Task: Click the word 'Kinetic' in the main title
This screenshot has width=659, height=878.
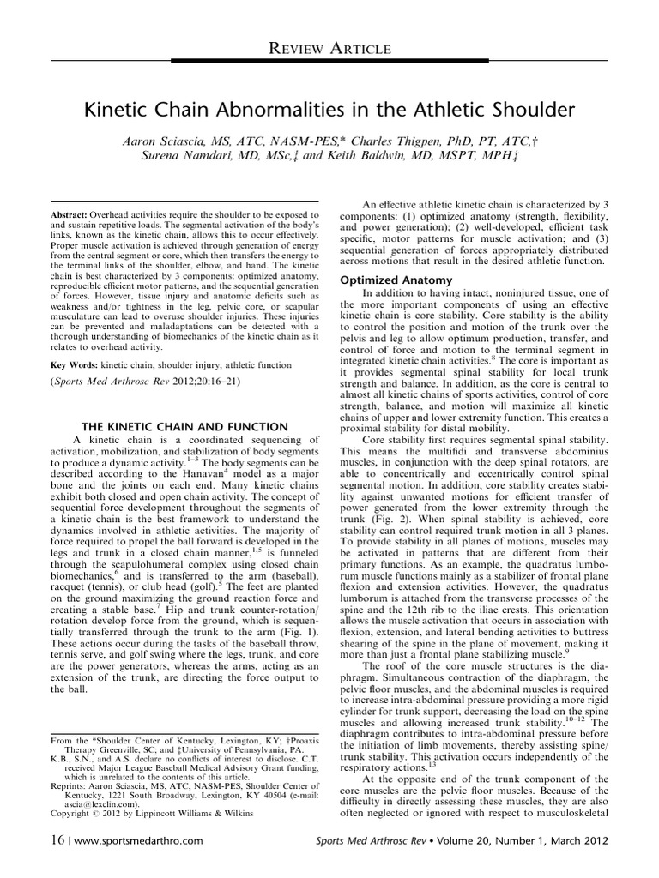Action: [138, 110]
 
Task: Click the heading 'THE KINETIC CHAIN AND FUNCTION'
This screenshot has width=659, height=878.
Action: [185, 427]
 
